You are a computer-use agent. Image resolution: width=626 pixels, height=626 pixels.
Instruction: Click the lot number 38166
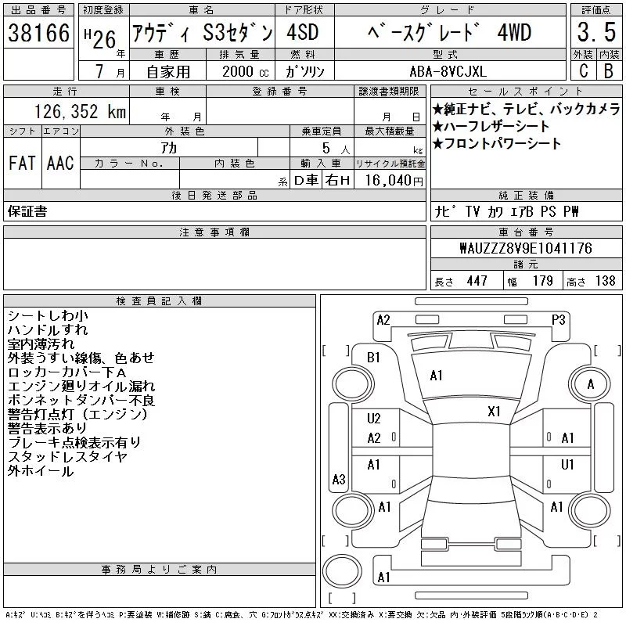coord(38,33)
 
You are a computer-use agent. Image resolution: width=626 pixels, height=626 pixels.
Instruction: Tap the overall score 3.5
coord(596,32)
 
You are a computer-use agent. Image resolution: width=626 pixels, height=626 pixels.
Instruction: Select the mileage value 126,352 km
coord(80,111)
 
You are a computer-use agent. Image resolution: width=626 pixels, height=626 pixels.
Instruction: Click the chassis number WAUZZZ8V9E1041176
coord(526,248)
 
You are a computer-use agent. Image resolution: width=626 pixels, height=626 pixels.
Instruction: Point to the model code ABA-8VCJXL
coord(448,71)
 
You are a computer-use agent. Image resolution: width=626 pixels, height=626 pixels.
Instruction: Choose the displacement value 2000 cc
coord(245,71)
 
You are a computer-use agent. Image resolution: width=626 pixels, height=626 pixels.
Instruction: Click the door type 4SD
coord(303,32)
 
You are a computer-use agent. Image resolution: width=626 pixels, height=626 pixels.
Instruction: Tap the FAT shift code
coord(22,163)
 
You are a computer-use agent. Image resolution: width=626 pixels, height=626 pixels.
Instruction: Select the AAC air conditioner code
coord(60,163)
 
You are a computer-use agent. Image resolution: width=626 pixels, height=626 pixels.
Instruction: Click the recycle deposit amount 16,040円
coord(394,181)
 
